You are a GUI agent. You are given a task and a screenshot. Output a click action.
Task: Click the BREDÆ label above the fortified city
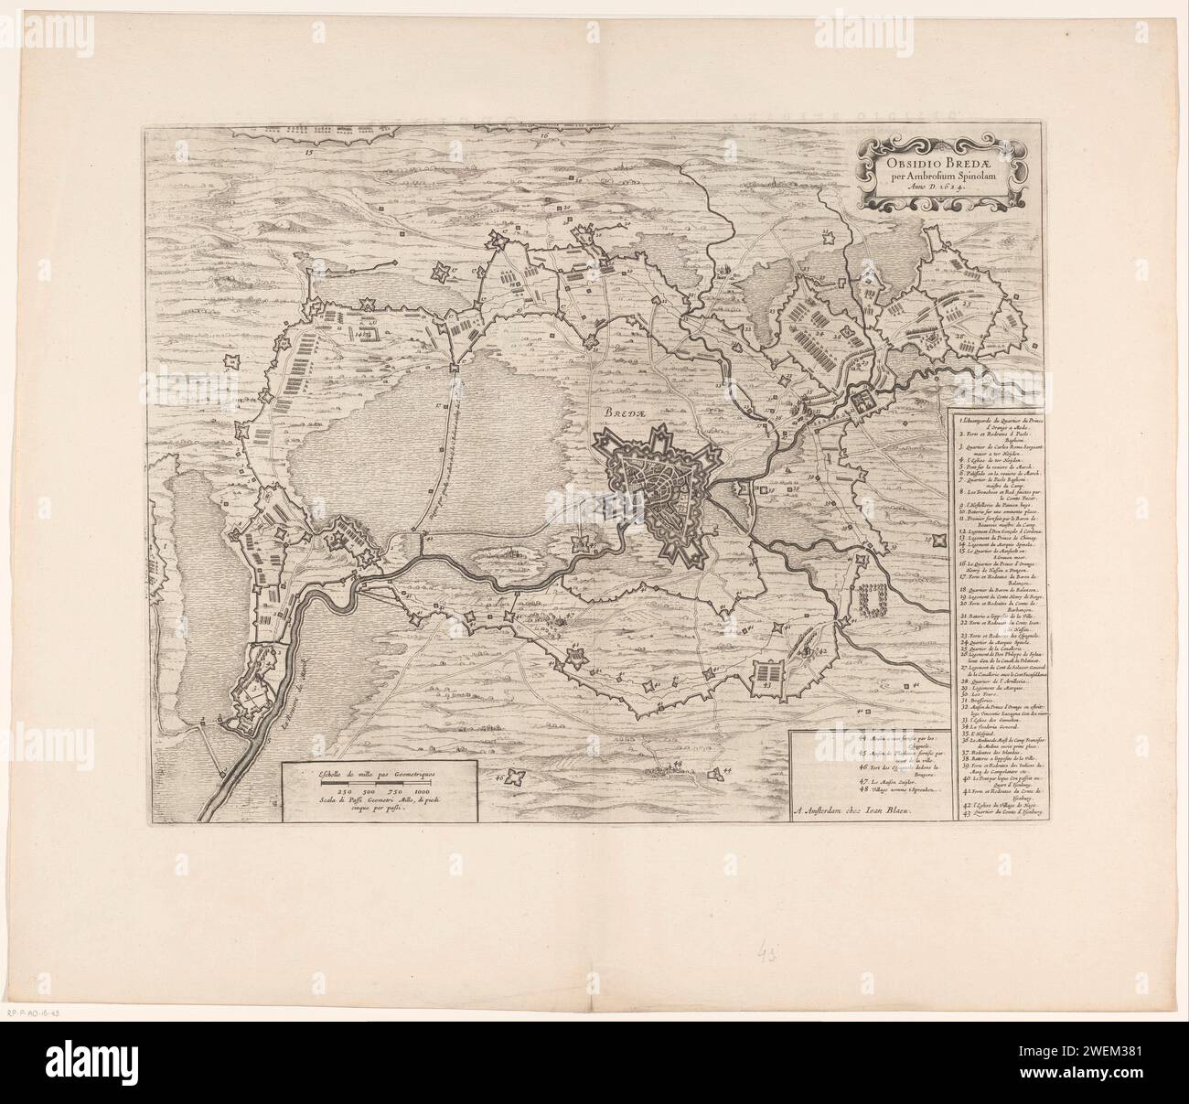pos(623,411)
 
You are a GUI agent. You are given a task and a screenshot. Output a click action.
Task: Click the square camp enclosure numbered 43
pos(766,676)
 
